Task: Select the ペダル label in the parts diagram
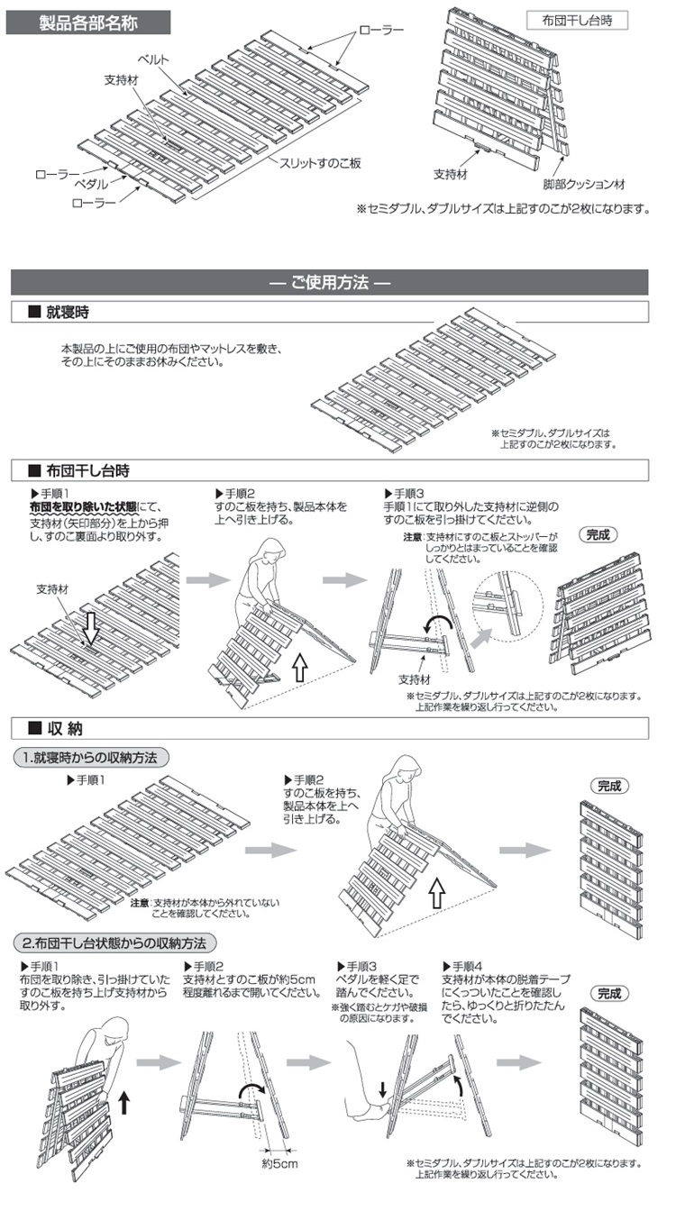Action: pyautogui.click(x=91, y=183)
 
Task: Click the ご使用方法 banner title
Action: pyautogui.click(x=329, y=282)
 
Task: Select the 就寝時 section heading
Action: pyautogui.click(x=69, y=313)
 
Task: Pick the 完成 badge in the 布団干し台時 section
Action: pyautogui.click(x=598, y=534)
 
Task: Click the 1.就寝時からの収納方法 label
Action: pyautogui.click(x=90, y=758)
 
